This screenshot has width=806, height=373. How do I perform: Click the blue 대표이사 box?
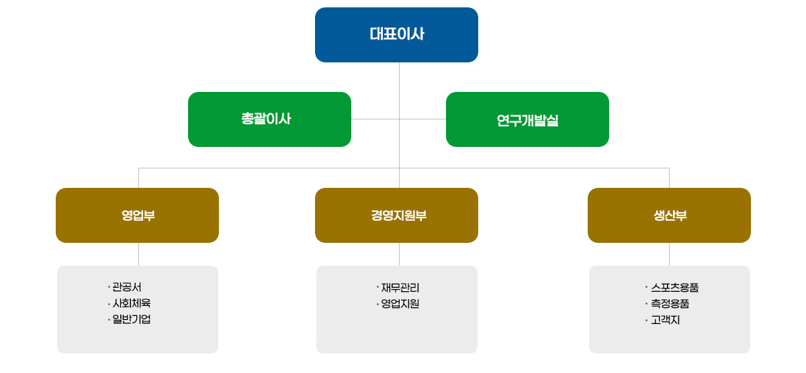tap(396, 35)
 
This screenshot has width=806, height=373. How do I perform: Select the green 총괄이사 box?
tap(269, 119)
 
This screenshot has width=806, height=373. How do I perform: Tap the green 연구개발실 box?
tap(527, 119)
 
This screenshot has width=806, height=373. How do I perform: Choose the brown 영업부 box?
tap(137, 215)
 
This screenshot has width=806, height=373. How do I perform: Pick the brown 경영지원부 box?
tap(396, 215)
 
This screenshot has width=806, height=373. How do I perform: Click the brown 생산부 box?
tap(669, 215)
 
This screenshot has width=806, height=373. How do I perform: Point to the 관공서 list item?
tap(127, 288)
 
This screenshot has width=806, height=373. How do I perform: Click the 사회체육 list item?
tap(132, 303)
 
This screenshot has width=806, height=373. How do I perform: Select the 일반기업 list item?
tap(132, 319)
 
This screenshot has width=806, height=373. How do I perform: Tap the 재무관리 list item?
tap(400, 288)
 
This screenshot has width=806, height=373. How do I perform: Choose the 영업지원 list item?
tap(400, 304)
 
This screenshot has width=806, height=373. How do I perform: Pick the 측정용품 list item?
tap(670, 304)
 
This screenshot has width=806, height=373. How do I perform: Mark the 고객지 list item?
tap(666, 320)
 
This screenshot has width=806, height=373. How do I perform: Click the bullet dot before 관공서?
tap(108, 287)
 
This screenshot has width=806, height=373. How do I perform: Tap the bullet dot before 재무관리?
tap(378, 287)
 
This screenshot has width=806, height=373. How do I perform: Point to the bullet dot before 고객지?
tap(645, 319)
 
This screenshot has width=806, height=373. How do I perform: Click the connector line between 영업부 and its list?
tap(138, 254)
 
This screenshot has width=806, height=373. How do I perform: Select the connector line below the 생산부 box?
tap(669, 254)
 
